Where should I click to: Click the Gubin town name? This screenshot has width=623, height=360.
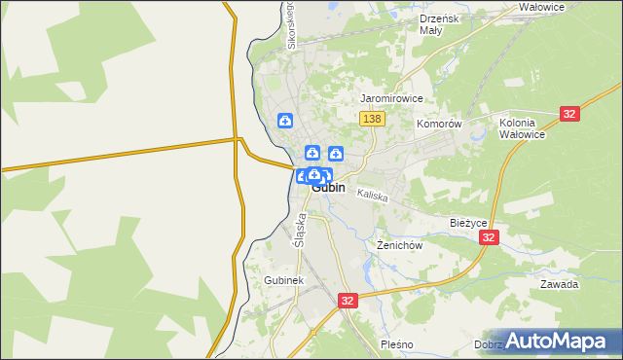(329, 188)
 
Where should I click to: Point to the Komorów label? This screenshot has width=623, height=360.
(438, 125)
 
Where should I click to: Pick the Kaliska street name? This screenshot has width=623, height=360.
(373, 196)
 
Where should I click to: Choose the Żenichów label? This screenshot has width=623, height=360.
(399, 245)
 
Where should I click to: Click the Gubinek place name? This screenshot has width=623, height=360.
(284, 280)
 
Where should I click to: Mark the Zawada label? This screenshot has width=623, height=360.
(560, 284)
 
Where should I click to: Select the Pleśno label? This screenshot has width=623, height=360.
(397, 344)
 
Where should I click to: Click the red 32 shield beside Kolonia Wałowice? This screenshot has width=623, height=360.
(570, 114)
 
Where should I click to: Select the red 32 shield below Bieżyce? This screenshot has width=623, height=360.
(489, 237)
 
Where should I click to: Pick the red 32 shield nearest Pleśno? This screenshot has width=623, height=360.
(348, 302)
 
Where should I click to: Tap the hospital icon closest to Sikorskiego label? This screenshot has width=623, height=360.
(284, 121)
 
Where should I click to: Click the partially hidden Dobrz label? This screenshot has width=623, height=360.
(489, 344)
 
